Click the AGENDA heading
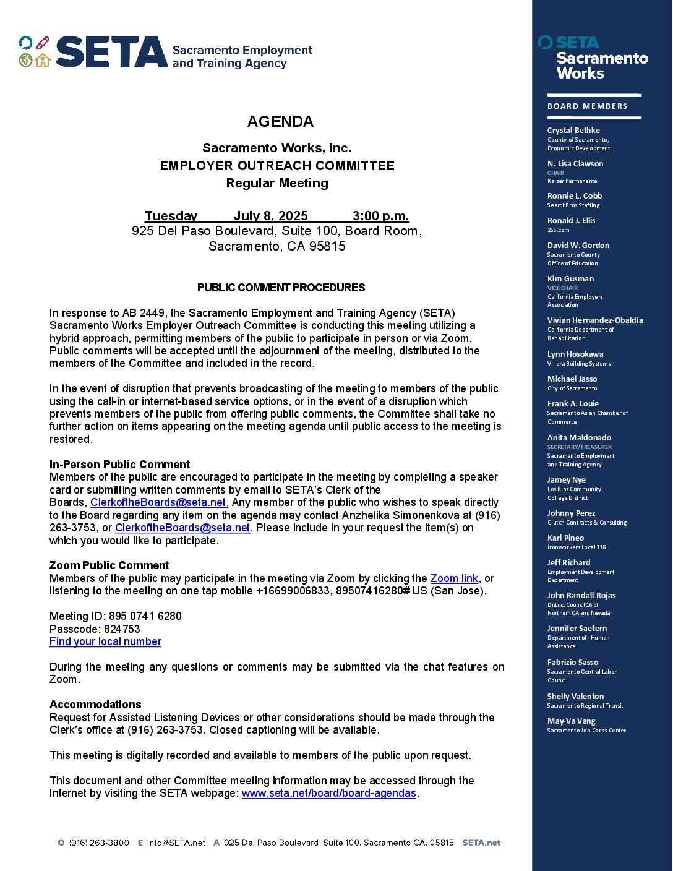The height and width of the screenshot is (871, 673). click(x=280, y=121)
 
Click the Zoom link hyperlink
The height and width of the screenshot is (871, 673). click(x=454, y=578)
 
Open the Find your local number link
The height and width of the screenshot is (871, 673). click(x=105, y=641)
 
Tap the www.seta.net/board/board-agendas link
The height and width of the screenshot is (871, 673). click(x=328, y=793)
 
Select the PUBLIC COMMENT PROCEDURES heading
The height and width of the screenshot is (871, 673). click(x=281, y=288)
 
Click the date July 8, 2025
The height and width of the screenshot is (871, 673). click(x=270, y=216)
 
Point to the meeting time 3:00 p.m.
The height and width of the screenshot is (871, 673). click(x=380, y=216)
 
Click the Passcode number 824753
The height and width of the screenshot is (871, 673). click(x=122, y=629)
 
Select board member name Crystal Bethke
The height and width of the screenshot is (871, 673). click(x=573, y=131)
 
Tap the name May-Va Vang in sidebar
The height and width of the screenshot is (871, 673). click(x=571, y=721)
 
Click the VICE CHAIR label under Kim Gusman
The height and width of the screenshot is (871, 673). click(x=562, y=288)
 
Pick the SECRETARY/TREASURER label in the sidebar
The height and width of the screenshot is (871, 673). click(x=579, y=447)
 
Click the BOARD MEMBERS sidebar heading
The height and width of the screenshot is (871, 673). click(x=587, y=106)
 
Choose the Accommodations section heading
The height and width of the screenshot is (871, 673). click(x=95, y=705)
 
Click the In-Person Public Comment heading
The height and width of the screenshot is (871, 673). click(x=119, y=465)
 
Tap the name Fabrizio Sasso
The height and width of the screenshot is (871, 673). click(x=572, y=663)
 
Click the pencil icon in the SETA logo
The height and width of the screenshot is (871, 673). click(x=42, y=43)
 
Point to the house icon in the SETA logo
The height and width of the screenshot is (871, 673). click(x=43, y=60)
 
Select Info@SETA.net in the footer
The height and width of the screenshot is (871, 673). click(x=176, y=843)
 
